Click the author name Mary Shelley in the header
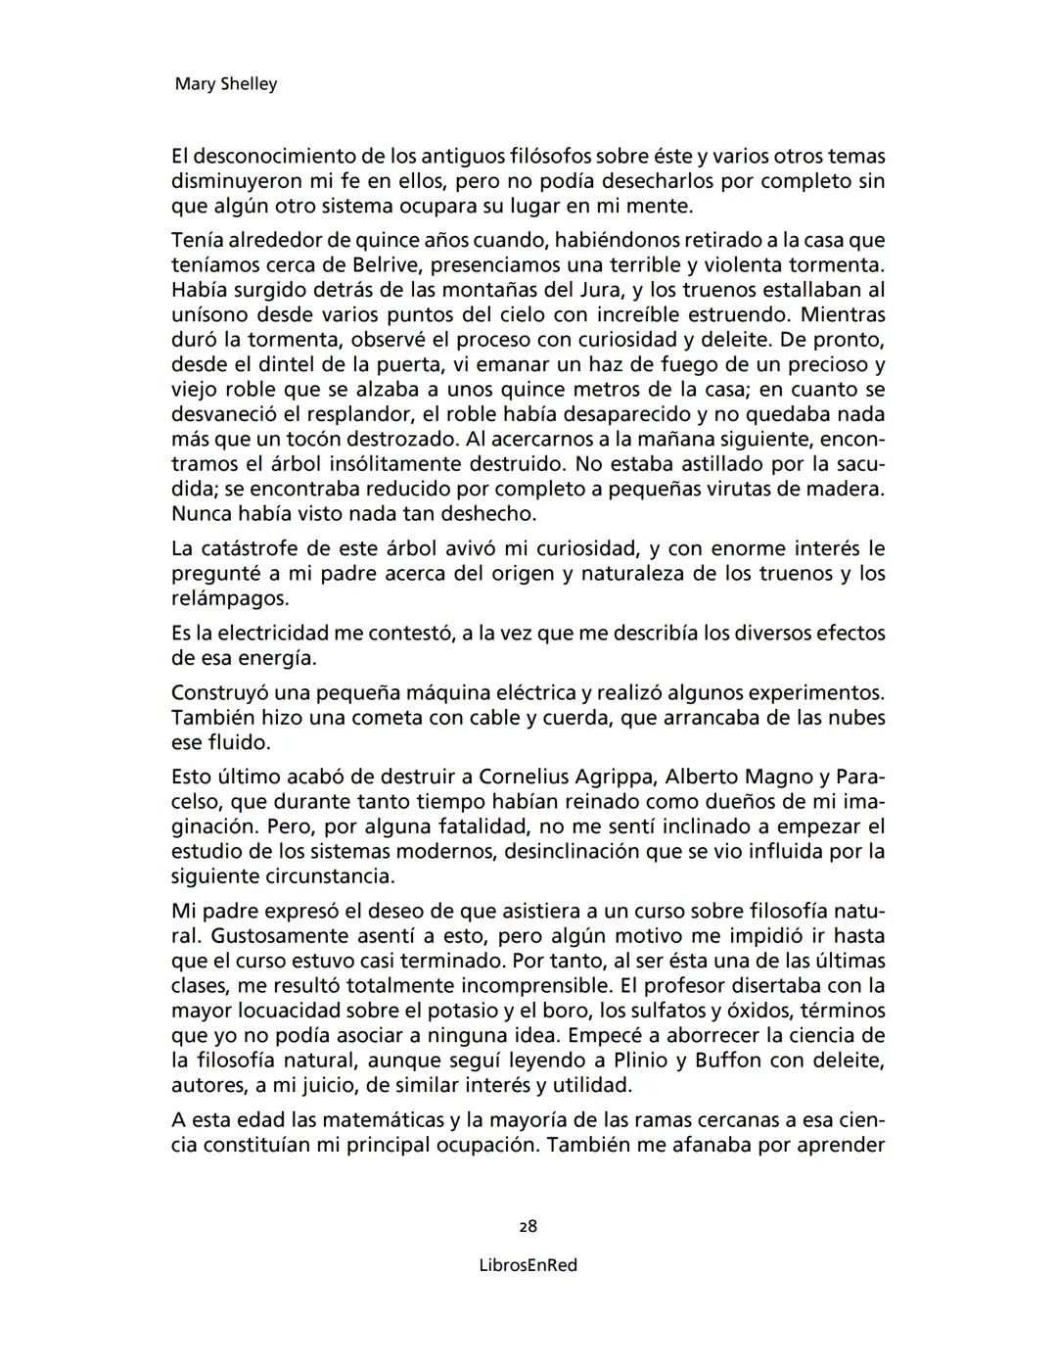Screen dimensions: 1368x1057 click(x=225, y=84)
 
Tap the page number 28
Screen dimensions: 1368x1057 click(x=528, y=1226)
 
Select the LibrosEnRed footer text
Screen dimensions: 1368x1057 click(x=528, y=1265)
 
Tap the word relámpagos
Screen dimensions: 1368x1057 click(x=229, y=598)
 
